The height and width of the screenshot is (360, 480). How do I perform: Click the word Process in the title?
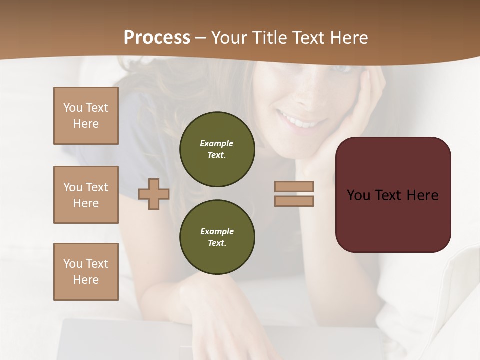(x=157, y=38)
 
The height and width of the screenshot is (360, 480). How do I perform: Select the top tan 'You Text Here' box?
(x=86, y=116)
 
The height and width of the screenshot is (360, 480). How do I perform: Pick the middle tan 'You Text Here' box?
(x=86, y=195)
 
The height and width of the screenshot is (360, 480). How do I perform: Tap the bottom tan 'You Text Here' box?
(x=86, y=272)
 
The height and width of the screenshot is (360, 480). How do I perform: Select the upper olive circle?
(x=217, y=149)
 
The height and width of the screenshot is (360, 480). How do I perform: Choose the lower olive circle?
(x=217, y=237)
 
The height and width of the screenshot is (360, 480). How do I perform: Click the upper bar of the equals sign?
(x=294, y=186)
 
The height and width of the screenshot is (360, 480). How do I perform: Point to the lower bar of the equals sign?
(x=294, y=201)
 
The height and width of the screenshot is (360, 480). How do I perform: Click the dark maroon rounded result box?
(x=393, y=220)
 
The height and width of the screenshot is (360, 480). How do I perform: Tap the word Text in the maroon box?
(x=390, y=195)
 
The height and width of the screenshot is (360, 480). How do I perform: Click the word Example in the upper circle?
(x=216, y=143)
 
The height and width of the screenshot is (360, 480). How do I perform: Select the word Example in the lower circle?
(x=217, y=231)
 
